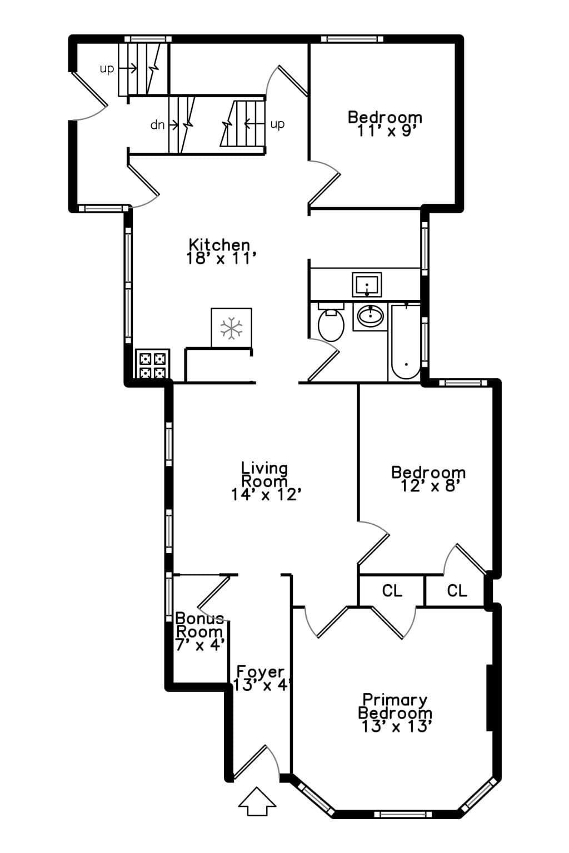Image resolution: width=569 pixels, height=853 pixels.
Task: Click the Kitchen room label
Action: coord(219,244)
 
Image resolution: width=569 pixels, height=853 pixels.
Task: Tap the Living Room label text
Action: coord(264,474)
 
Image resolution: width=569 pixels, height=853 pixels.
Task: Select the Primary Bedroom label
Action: coord(395,706)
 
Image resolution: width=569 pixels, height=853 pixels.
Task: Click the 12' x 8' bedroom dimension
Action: coord(428,486)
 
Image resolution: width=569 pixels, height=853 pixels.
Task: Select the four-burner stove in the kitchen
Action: coord(152,364)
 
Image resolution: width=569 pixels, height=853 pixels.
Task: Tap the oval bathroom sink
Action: coord(370,315)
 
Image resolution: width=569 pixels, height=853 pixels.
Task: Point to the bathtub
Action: coord(406,342)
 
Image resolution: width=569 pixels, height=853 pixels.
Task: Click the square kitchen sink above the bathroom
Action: coord(367,284)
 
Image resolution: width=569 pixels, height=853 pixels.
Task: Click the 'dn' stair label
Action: coord(157,124)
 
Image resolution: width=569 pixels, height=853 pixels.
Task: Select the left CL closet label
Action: coord(392,591)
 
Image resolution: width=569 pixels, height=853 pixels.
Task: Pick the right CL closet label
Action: coord(457,591)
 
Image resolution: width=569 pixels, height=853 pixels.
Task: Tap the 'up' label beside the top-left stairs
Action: coord(107,69)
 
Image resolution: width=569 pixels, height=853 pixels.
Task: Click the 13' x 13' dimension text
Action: coord(396,726)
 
